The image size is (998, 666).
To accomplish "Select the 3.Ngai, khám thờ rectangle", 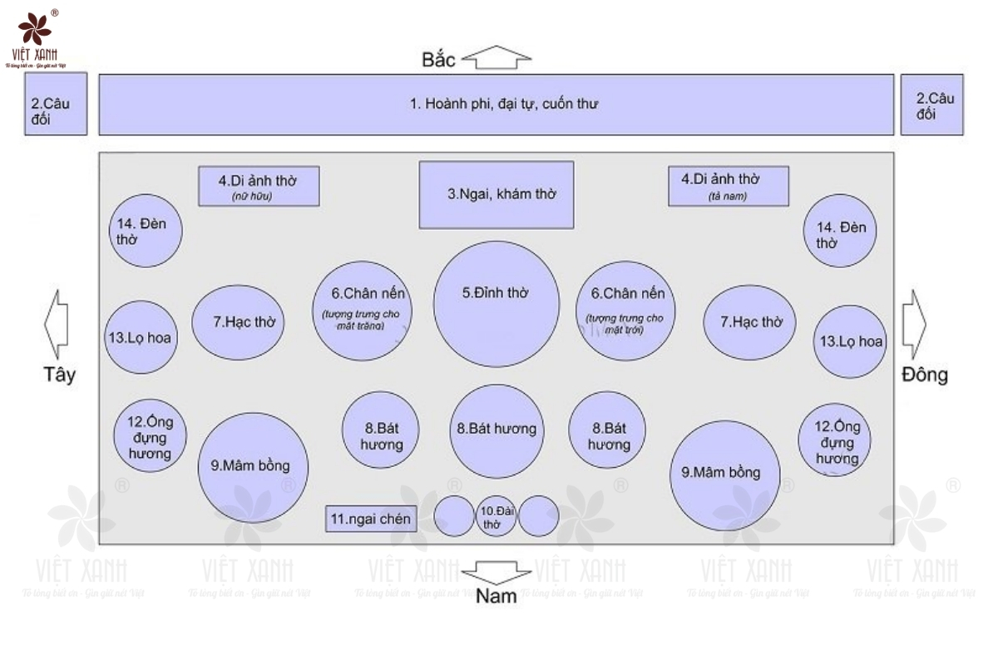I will (x=497, y=194).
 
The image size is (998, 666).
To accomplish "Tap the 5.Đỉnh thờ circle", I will (x=497, y=303).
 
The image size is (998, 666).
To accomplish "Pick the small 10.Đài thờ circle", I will (x=496, y=516).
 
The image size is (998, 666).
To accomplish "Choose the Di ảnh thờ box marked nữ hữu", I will (x=259, y=186).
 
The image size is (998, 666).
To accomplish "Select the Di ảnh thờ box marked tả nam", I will (x=729, y=186).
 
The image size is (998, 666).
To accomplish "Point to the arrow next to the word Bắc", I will (x=497, y=59).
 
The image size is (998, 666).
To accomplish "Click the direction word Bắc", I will (x=439, y=60).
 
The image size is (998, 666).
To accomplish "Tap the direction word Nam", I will (x=497, y=596).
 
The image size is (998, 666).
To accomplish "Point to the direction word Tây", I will (x=59, y=375).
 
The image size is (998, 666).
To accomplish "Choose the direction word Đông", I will (x=924, y=375).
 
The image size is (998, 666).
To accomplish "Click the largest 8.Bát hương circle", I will (x=497, y=430).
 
